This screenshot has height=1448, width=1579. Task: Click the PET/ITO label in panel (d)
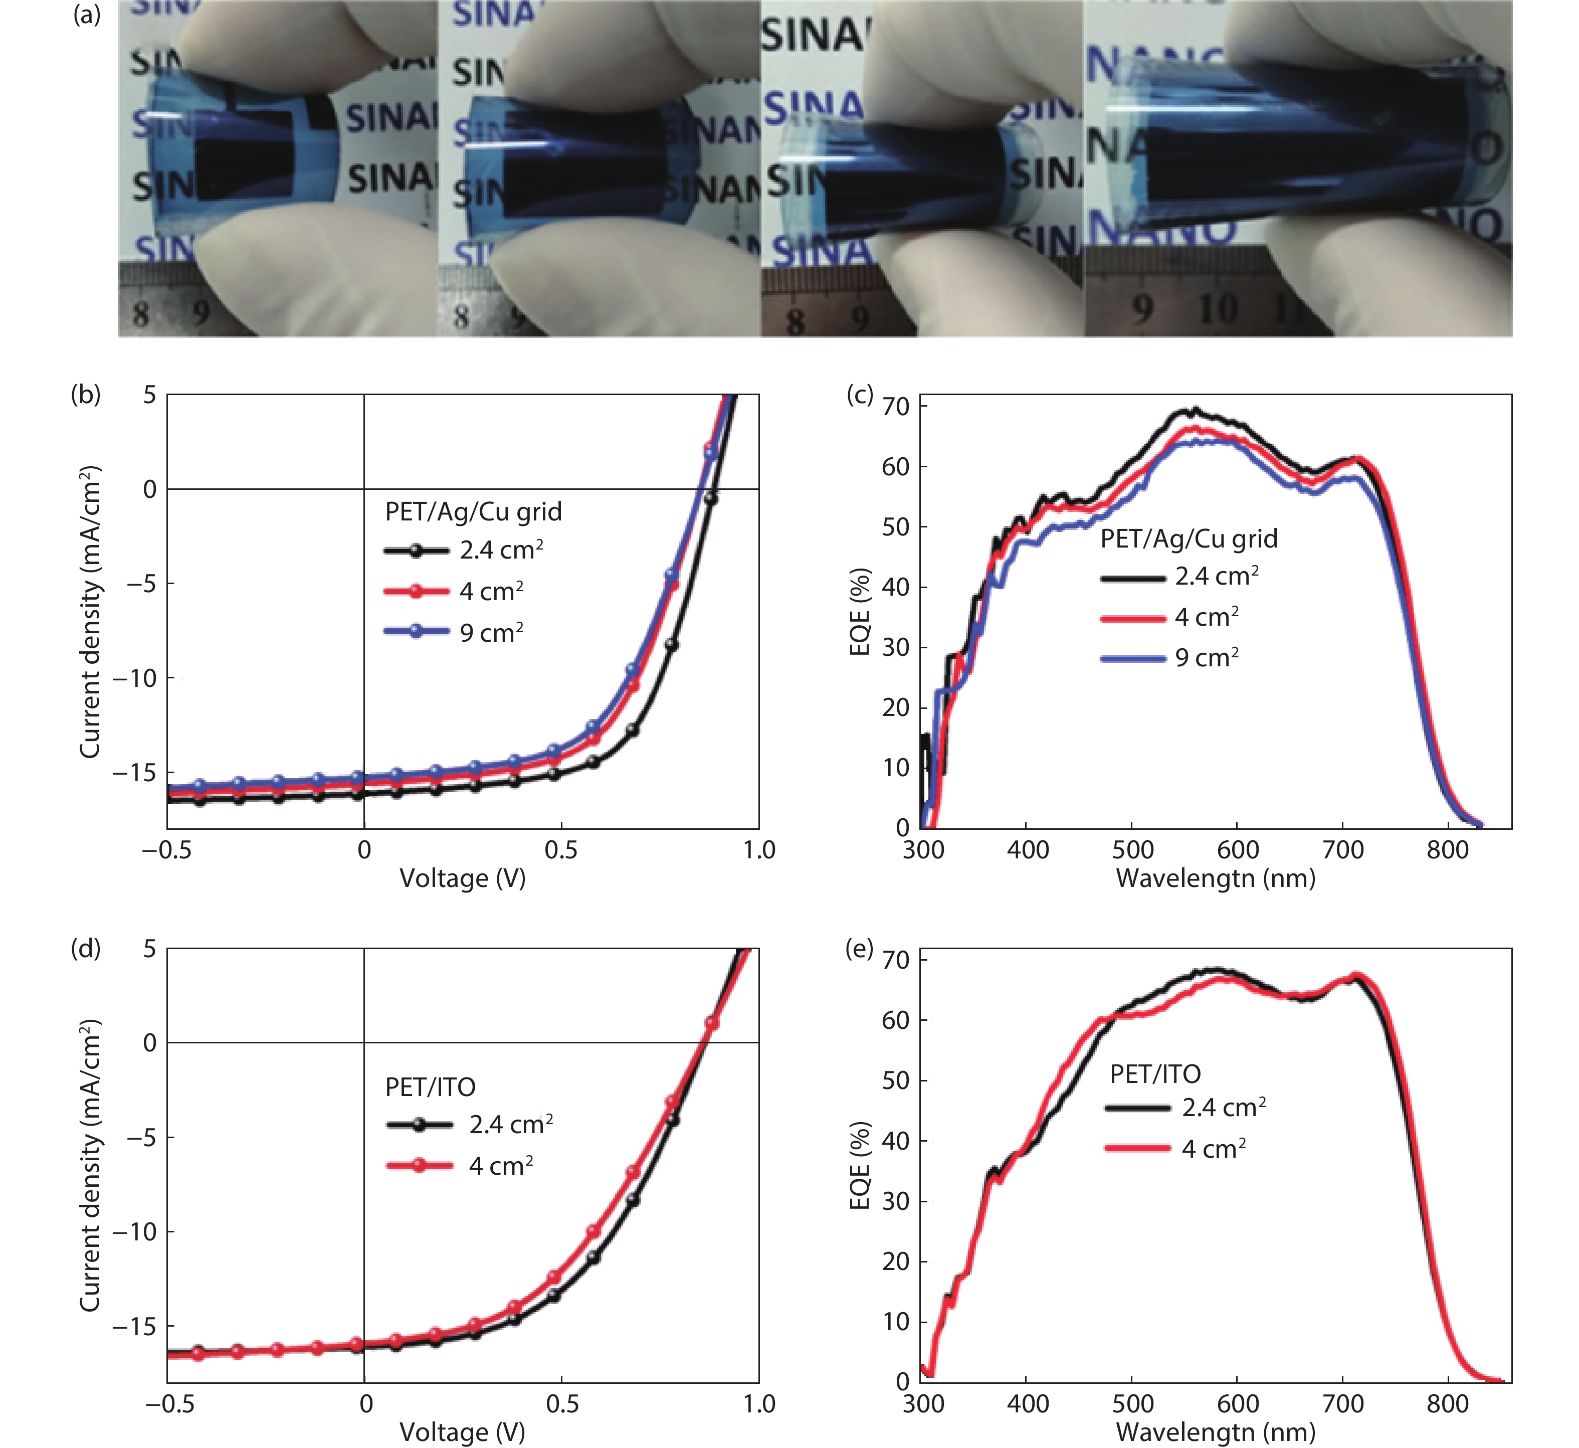click(x=430, y=1087)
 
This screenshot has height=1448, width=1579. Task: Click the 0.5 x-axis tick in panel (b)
click(x=561, y=850)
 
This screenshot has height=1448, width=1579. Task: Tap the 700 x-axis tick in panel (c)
click(x=1342, y=850)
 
